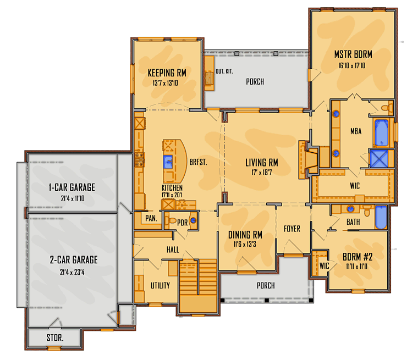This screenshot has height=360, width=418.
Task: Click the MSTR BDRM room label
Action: (x=353, y=54)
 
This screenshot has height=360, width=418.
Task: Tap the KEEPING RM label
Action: (x=167, y=73)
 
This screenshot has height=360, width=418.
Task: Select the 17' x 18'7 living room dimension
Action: (x=261, y=173)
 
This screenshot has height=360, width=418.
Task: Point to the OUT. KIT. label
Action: (x=224, y=71)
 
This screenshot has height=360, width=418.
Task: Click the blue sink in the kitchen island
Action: (x=168, y=162)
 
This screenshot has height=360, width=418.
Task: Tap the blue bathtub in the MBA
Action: (x=381, y=132)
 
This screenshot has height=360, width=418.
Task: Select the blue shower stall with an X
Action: (x=378, y=159)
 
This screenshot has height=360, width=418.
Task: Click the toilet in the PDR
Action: (x=170, y=220)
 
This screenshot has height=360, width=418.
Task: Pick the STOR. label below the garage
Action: (x=55, y=338)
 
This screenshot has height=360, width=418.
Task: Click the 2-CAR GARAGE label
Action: (x=74, y=259)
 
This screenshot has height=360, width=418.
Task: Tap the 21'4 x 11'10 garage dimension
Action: (x=73, y=198)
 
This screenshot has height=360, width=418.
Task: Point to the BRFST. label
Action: (x=198, y=162)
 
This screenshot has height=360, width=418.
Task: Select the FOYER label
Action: (x=292, y=229)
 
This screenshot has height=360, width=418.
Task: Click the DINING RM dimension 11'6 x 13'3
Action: (x=245, y=244)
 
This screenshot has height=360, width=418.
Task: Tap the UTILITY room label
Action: (x=160, y=286)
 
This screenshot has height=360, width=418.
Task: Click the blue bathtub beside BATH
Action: (x=381, y=217)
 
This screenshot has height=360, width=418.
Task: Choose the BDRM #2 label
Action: (x=358, y=257)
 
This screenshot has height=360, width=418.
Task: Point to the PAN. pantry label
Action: (x=151, y=219)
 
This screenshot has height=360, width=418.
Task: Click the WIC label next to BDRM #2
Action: (x=324, y=265)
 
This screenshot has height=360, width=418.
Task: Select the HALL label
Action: (x=173, y=250)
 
